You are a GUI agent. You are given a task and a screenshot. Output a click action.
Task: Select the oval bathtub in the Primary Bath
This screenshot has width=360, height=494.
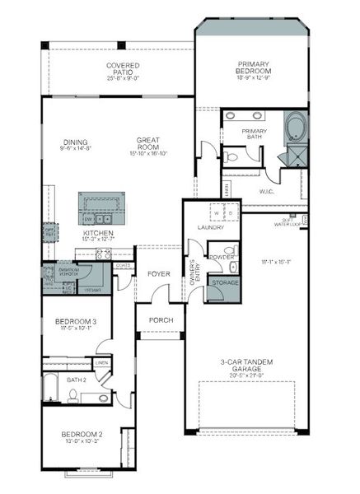tap(294, 128)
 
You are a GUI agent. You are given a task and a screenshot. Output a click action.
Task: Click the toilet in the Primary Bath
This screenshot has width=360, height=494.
tap(232, 154)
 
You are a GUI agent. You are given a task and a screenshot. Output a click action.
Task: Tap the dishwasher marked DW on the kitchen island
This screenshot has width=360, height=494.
tap(87, 220)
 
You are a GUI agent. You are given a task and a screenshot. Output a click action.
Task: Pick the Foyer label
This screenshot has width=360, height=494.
tap(158, 273)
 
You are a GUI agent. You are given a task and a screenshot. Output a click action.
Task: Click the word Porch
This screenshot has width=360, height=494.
tap(160, 319)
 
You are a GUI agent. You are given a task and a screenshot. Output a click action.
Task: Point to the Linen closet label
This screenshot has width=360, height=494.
tap(101, 362)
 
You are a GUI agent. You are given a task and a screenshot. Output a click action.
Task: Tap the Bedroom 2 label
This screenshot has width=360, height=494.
tap(81, 437)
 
